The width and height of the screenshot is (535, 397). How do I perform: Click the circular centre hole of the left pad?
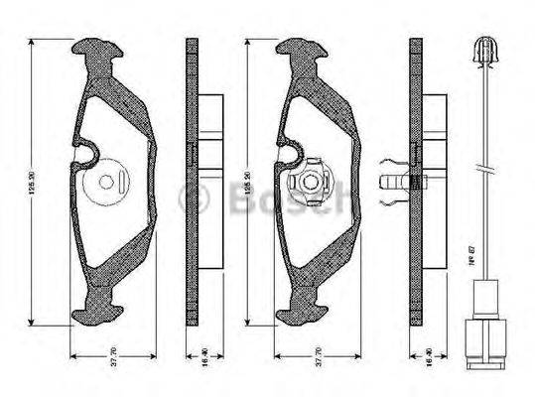pyautogui.click(x=107, y=183)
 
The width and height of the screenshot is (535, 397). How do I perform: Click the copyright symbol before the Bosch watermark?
pyautogui.click(x=188, y=199)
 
